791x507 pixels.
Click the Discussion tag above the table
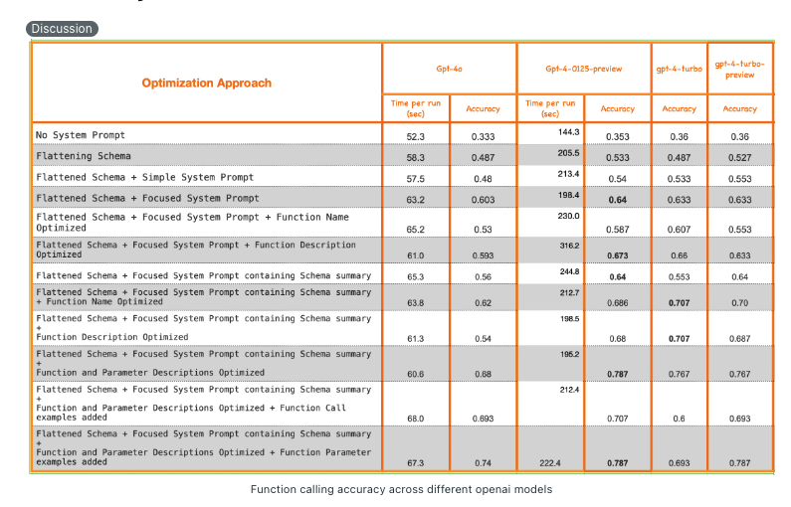(x=62, y=29)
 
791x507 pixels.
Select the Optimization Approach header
(x=207, y=83)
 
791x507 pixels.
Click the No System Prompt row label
(x=81, y=135)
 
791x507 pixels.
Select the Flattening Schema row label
(x=84, y=156)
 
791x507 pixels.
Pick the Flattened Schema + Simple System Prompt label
(x=145, y=177)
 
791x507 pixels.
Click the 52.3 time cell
(x=416, y=136)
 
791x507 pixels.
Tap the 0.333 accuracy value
(x=484, y=136)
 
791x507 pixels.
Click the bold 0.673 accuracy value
(x=618, y=255)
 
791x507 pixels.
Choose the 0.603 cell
(x=484, y=199)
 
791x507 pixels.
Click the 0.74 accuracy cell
(x=484, y=462)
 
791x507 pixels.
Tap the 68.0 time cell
(x=416, y=419)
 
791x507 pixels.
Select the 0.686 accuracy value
(x=618, y=302)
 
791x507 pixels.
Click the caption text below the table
(x=401, y=489)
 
